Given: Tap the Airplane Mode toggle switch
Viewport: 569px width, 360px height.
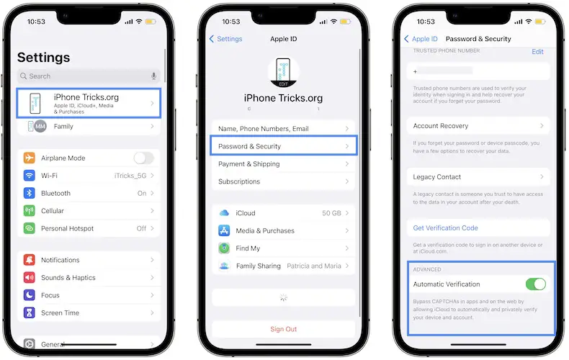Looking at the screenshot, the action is (x=144, y=158).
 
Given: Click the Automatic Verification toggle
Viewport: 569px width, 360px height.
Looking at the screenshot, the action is (x=536, y=284).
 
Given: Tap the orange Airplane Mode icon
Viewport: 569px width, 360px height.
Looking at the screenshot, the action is (x=29, y=158).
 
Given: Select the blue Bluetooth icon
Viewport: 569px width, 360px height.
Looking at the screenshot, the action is (x=29, y=193).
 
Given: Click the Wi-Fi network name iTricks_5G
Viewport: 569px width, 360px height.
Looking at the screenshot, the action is (x=130, y=176).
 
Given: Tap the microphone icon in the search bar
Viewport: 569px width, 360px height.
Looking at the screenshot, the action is (x=154, y=76).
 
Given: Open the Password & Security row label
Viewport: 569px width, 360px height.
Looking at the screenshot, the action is (x=249, y=146).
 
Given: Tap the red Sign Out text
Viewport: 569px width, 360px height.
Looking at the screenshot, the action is (x=283, y=329).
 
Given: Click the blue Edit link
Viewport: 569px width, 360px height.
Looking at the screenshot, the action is (x=537, y=52).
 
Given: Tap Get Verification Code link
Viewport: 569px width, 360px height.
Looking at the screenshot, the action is (x=445, y=228).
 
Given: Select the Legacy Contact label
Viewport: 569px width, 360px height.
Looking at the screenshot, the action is (x=437, y=176).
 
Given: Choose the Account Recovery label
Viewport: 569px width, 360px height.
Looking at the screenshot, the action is (x=441, y=126).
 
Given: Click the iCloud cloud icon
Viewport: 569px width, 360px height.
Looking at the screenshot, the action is (x=224, y=213).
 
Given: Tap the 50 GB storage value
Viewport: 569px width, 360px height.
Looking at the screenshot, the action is (x=331, y=213).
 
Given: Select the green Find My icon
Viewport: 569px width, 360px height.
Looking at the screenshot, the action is (x=224, y=248).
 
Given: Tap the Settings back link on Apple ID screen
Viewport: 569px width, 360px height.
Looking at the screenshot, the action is (x=225, y=39).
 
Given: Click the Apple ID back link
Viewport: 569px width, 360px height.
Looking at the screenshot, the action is (x=421, y=39).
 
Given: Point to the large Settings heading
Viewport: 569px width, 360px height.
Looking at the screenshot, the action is (x=43, y=58).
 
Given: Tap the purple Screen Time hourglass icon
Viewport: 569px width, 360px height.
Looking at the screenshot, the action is (x=29, y=312).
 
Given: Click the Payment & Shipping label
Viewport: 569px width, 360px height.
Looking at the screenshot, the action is (x=249, y=164).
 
